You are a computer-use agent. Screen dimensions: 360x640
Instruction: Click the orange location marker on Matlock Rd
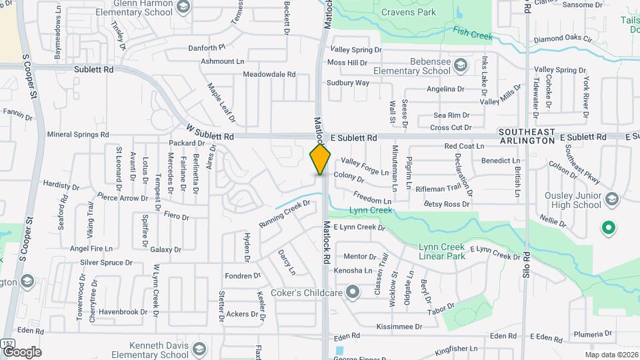(320, 159)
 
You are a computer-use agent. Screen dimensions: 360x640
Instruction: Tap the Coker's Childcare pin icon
(353, 292)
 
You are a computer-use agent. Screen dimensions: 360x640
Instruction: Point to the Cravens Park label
(409, 12)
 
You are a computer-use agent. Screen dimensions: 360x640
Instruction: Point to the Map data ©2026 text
(610, 354)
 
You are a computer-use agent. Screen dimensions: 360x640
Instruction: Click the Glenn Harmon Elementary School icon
(183, 7)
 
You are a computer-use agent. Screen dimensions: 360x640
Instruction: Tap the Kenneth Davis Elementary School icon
(199, 349)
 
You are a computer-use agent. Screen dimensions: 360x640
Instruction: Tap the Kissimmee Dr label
(399, 327)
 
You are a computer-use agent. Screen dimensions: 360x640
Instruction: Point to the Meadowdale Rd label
(269, 75)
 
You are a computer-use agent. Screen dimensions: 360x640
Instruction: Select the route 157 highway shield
(8, 343)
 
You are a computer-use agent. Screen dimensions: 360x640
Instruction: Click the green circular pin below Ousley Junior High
(607, 229)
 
